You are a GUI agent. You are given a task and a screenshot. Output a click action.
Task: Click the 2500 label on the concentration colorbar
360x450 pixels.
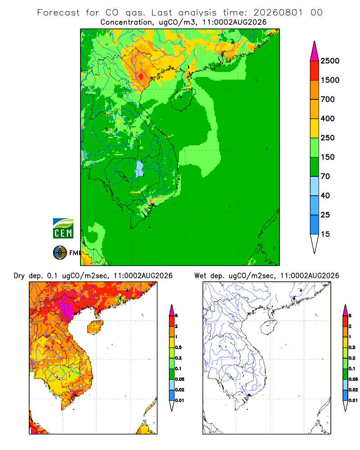point(330,61)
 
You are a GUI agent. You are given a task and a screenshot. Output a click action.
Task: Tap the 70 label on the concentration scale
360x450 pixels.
point(325,176)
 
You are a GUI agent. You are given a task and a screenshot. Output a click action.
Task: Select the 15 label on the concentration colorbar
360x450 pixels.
point(325,234)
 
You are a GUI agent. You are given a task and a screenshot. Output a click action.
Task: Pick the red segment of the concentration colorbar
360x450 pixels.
point(315,71)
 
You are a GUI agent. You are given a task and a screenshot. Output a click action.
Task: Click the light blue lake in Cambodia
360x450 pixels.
point(139,169)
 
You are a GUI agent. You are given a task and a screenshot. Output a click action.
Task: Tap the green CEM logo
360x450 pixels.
point(63,229)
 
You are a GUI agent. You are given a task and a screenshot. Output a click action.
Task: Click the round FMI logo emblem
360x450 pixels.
point(60,253)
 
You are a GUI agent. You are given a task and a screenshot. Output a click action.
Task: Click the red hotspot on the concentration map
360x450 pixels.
point(141,76)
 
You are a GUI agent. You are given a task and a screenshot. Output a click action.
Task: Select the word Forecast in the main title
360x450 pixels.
point(58,13)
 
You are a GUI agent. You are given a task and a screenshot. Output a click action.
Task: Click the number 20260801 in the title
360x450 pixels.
point(278,13)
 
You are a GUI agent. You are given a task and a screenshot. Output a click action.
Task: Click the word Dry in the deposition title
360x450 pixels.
point(19,276)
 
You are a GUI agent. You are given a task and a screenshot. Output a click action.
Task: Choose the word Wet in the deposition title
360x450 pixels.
point(200,276)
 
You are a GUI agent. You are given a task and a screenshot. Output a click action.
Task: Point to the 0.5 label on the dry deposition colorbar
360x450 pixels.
point(178,347)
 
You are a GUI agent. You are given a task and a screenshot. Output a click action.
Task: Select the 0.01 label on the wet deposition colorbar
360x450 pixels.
point(353,400)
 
